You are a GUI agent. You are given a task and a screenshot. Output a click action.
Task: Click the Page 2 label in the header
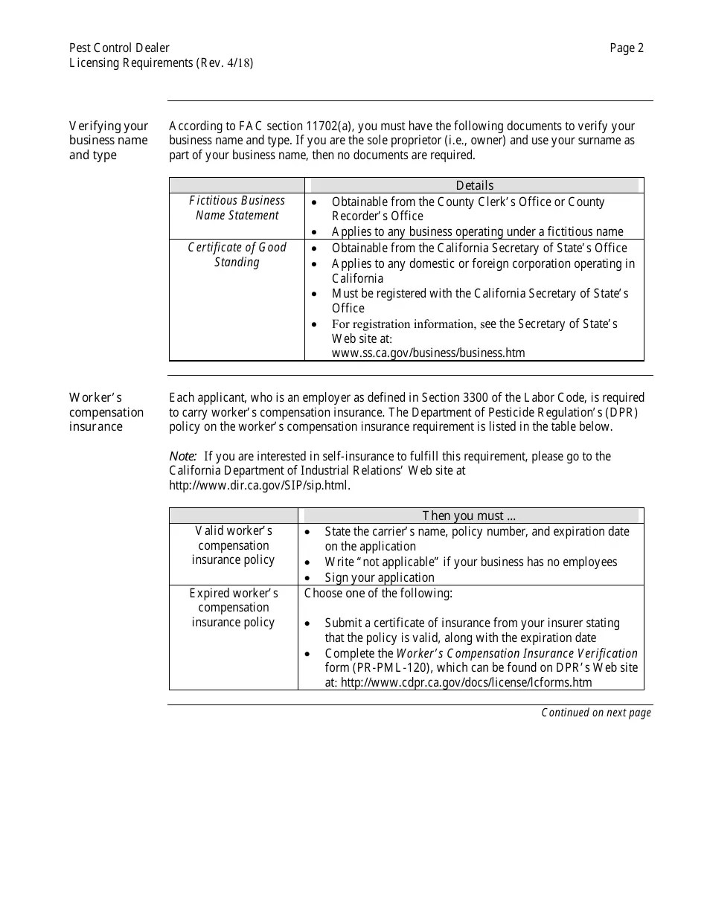[626, 48]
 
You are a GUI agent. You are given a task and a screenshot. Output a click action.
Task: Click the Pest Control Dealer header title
[119, 48]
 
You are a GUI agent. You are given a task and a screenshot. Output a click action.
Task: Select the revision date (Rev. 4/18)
[225, 63]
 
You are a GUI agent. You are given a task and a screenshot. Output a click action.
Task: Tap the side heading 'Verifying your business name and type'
[109, 141]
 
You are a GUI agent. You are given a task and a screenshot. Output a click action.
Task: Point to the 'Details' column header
[474, 185]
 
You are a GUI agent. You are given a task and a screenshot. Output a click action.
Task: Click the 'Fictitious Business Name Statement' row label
[237, 208]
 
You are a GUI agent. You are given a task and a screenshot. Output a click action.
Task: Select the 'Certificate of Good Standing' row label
[237, 255]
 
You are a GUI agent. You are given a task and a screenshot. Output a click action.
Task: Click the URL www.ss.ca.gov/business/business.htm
[428, 353]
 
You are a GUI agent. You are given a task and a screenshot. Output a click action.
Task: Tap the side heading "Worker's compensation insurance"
[106, 412]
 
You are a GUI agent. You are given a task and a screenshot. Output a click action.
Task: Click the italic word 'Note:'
[183, 456]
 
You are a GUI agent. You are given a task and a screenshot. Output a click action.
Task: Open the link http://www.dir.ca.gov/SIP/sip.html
[259, 486]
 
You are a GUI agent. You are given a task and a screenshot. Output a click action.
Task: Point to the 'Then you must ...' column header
[469, 516]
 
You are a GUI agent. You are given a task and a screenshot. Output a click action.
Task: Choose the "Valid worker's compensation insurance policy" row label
[233, 545]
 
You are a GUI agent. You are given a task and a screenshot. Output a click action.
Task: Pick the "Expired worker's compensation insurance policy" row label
[233, 608]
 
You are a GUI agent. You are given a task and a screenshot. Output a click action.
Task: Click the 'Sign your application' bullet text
[379, 577]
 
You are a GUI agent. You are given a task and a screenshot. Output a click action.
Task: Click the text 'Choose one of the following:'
[378, 593]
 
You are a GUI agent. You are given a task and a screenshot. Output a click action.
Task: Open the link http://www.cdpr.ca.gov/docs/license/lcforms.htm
[466, 682]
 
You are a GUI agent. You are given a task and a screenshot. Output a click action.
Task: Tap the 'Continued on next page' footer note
[595, 713]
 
